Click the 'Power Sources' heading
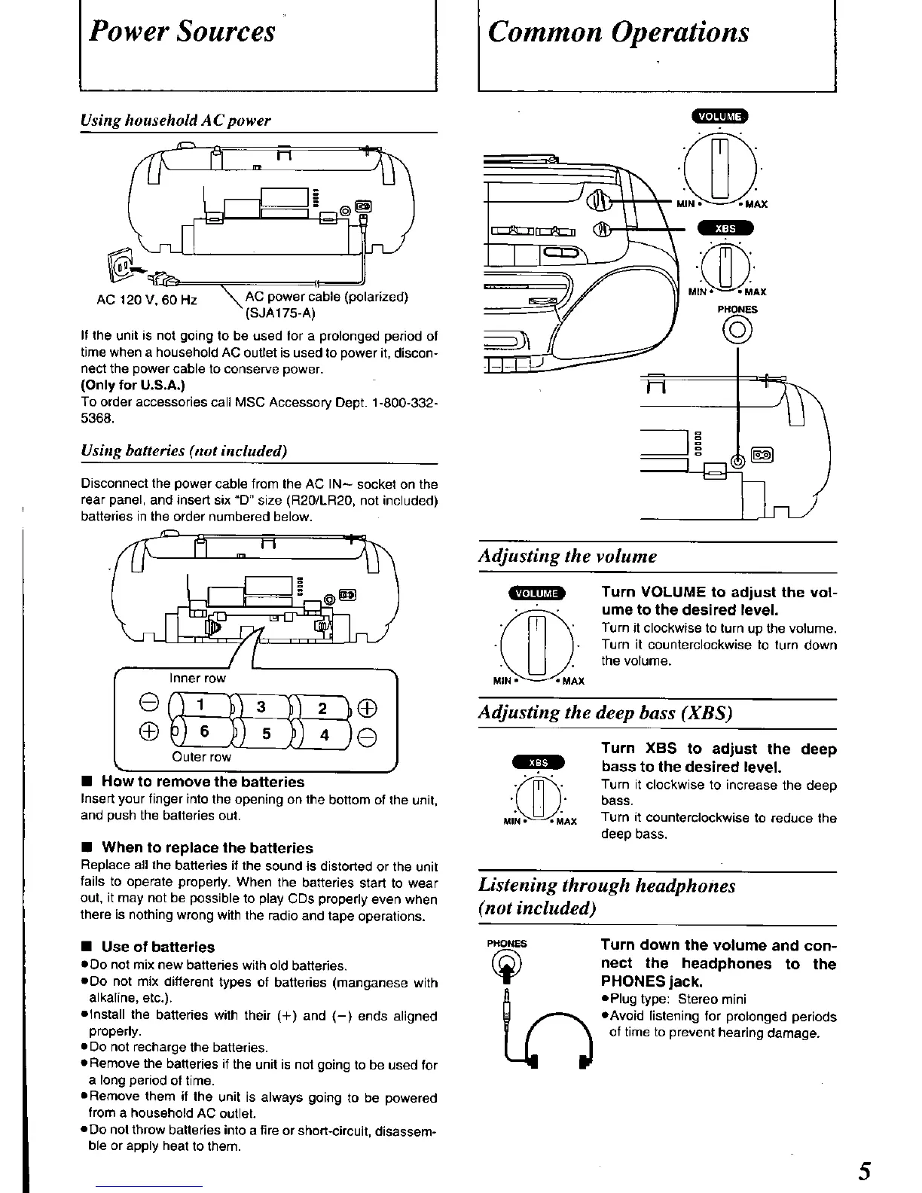tap(182, 32)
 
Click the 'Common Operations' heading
tap(618, 32)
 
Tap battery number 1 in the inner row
tap(200, 705)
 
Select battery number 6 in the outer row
tap(204, 732)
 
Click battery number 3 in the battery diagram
tap(261, 706)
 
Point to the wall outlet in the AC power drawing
tap(121, 263)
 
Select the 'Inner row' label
tap(197, 678)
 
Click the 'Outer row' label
tap(201, 757)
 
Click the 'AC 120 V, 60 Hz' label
tap(147, 300)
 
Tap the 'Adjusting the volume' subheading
tap(567, 557)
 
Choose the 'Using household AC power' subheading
tap(176, 121)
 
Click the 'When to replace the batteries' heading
tap(206, 847)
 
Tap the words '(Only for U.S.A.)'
tap(133, 386)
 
